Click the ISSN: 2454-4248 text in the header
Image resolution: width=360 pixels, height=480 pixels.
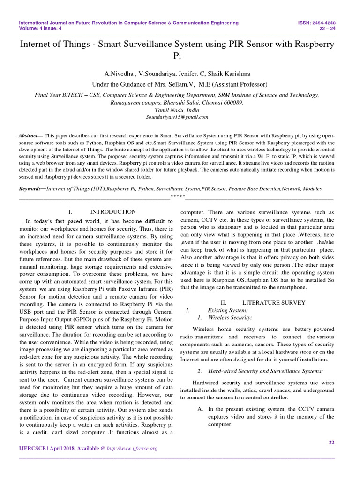[316, 22]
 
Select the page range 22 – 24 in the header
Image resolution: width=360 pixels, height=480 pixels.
[327, 28]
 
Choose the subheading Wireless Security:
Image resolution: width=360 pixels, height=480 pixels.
[230, 317]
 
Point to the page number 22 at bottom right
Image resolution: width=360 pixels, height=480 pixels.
[331, 442]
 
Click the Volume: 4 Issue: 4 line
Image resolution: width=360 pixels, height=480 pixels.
[40, 28]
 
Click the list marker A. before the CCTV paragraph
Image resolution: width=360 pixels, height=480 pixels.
[200, 409]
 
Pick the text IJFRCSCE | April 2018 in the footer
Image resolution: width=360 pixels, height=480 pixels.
[47, 448]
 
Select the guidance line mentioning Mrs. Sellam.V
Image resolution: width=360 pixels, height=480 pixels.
[180, 84]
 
